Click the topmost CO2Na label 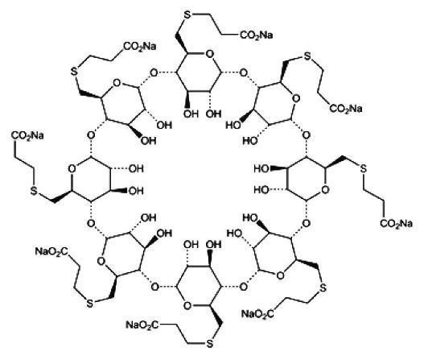(x=256, y=35)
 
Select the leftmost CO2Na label (x=27, y=135)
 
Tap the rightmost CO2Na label (x=396, y=224)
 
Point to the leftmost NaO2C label (x=51, y=251)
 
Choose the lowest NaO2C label (x=142, y=325)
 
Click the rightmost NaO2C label (x=257, y=313)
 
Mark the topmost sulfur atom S (x=187, y=14)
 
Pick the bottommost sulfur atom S (x=209, y=344)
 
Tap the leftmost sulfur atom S (x=33, y=191)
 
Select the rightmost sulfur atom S (x=364, y=168)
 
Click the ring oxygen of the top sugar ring (x=209, y=54)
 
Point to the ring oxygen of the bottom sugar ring (x=187, y=305)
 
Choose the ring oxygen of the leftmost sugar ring (x=72, y=168)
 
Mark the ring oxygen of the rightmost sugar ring (x=325, y=190)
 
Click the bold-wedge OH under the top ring (x=191, y=114)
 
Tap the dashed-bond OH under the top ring (x=213, y=114)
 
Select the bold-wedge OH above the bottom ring (x=214, y=244)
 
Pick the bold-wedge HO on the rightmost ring (x=261, y=168)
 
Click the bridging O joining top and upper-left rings (x=154, y=73)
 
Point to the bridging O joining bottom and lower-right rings (x=243, y=287)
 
